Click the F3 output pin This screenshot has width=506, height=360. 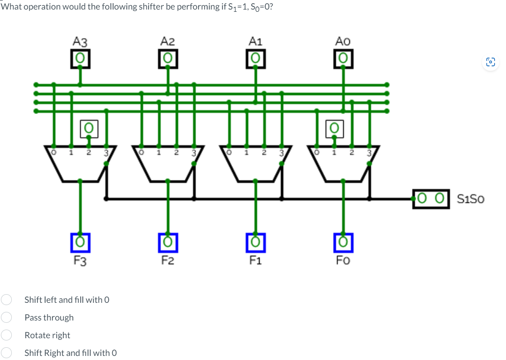(80, 242)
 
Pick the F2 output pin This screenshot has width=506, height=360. (168, 242)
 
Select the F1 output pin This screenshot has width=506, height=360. (255, 242)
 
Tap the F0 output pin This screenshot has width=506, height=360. (343, 242)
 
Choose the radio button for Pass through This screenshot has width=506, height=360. (6, 317)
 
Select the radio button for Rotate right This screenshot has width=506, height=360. (6, 335)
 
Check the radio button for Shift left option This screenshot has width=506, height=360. (6, 300)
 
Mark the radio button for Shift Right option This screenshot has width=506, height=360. (6, 353)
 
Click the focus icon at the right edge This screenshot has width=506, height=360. (491, 62)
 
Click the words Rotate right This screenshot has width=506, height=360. (47, 335)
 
